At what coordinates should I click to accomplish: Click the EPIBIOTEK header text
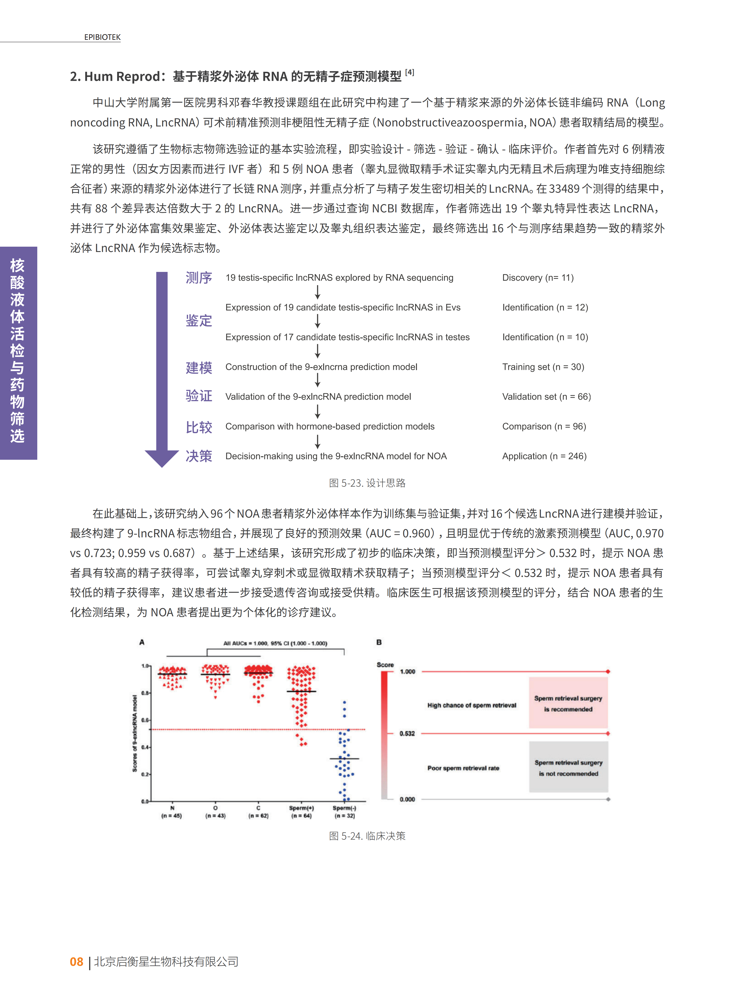(x=102, y=37)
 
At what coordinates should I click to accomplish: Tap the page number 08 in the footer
(x=77, y=961)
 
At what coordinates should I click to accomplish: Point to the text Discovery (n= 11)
(x=538, y=278)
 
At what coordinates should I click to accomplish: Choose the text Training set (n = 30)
(x=543, y=367)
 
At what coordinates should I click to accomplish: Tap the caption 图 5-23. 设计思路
(x=367, y=483)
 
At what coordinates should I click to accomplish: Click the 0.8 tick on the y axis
(x=145, y=693)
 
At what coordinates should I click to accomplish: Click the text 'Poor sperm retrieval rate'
(x=463, y=768)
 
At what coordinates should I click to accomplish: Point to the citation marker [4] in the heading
(x=409, y=72)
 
